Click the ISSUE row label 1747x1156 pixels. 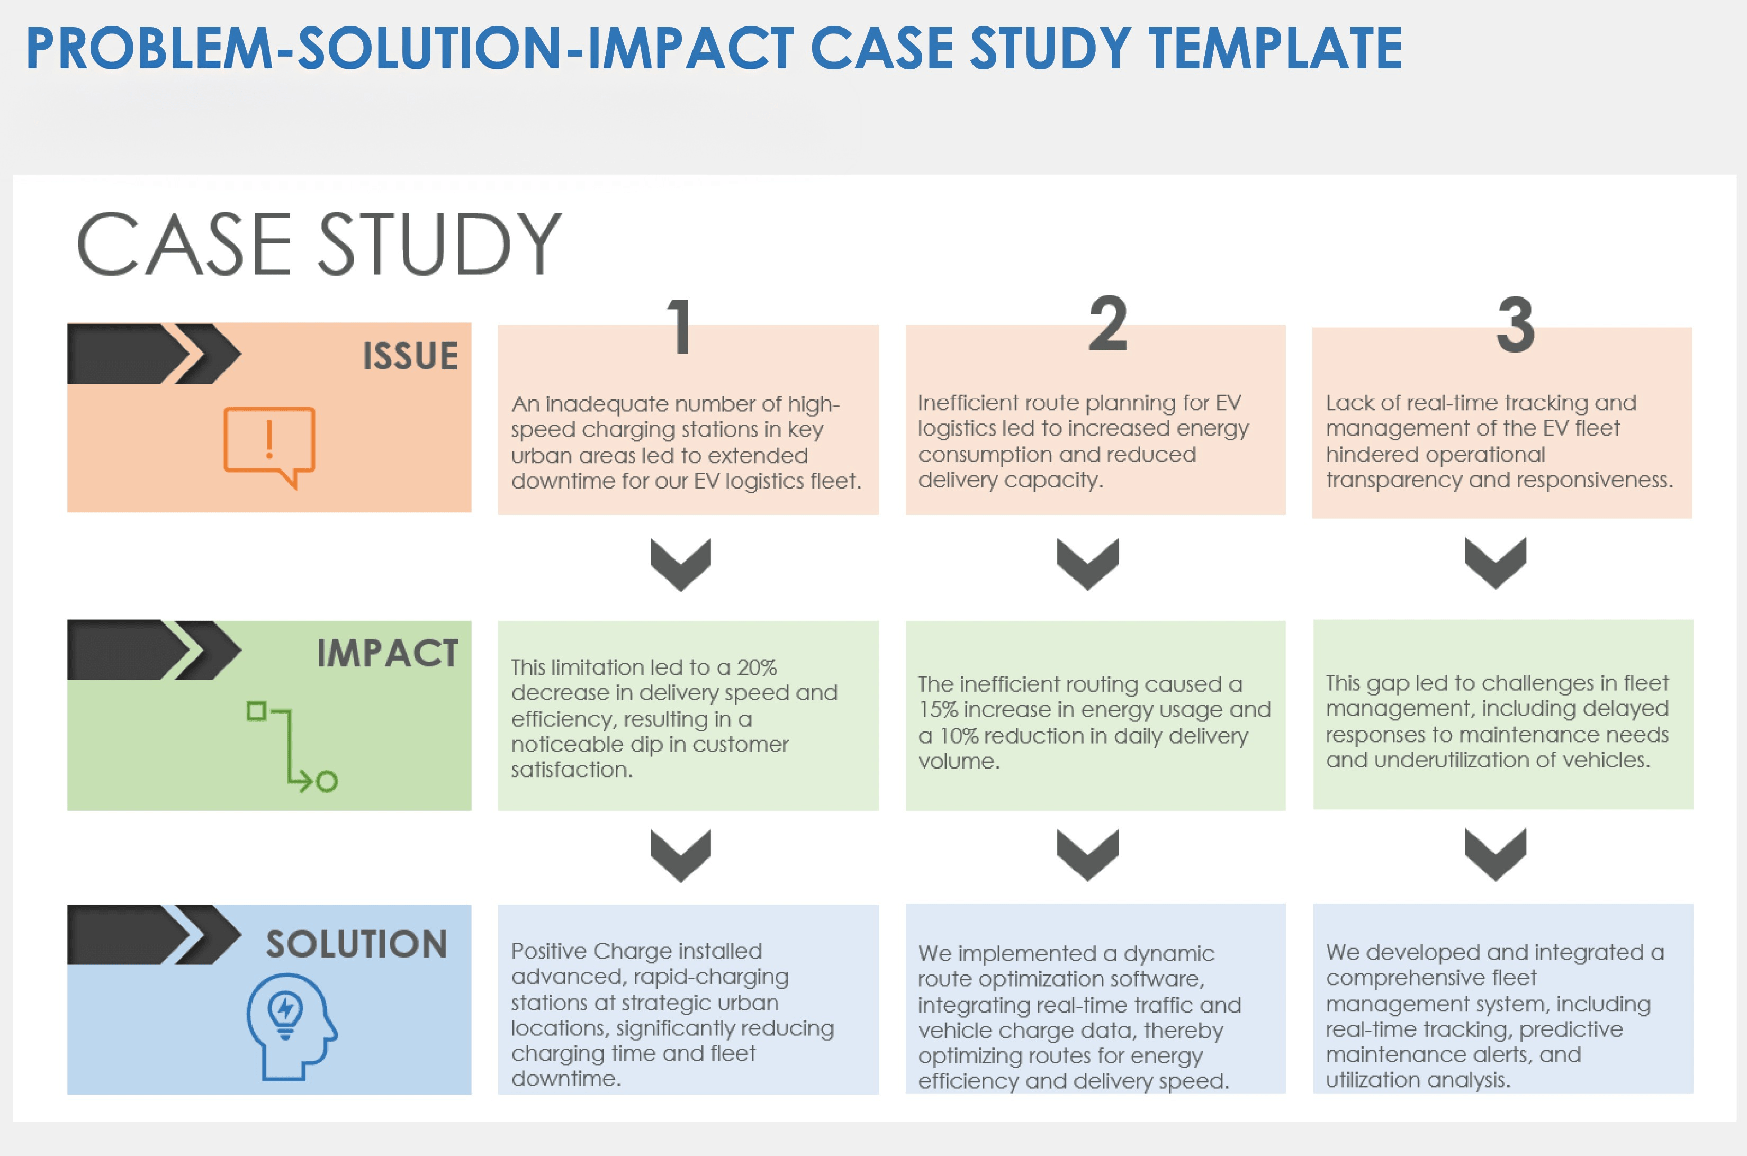pos(410,356)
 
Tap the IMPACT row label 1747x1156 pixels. pos(387,653)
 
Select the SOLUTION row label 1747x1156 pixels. pos(357,944)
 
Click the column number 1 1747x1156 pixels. pos(680,326)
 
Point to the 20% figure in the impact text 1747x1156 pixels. pos(757,667)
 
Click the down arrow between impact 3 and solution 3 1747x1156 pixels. pos(1495,854)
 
